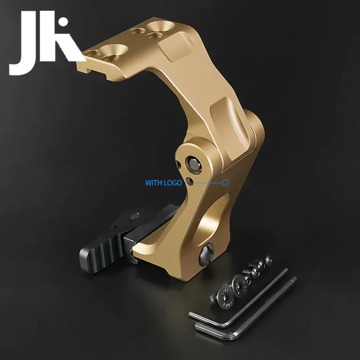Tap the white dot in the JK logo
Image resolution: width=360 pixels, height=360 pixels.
point(63,22)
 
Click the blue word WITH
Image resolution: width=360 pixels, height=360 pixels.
point(153,183)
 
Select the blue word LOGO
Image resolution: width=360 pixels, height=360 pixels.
point(172,183)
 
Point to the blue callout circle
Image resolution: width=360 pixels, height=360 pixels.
point(225,183)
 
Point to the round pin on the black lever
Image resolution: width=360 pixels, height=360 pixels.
point(134,216)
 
